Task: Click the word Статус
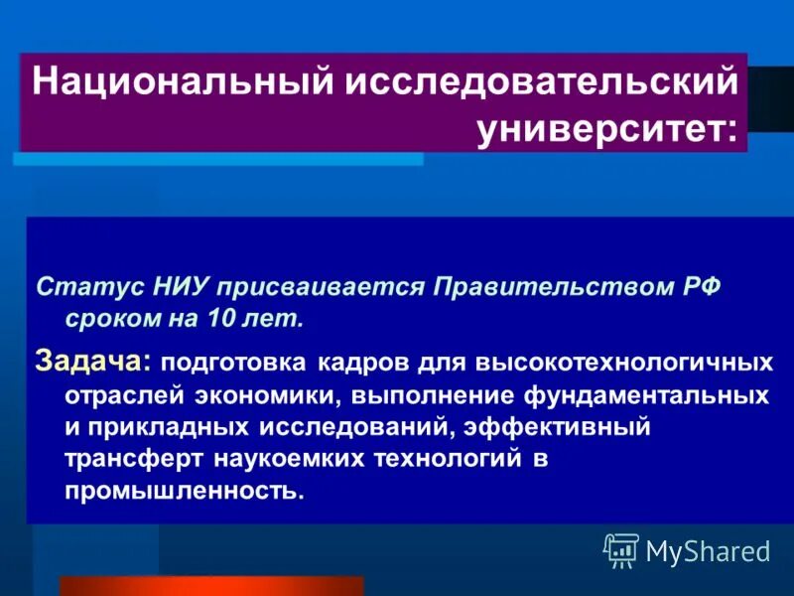pos(78,288)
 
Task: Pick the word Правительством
pos(537,288)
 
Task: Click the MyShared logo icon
pos(621,549)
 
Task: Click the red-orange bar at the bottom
pos(211,586)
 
